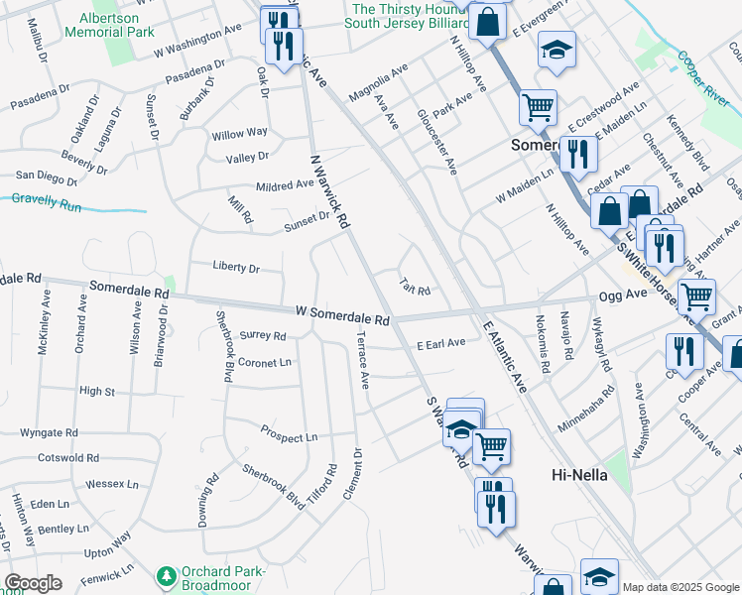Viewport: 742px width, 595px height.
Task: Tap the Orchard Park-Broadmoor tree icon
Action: pos(167,575)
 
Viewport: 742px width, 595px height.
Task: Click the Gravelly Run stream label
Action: pos(45,199)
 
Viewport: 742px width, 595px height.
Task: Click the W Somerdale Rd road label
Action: pos(342,315)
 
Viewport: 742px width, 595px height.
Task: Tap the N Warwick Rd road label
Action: pos(330,192)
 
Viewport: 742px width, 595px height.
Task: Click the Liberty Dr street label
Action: pos(235,268)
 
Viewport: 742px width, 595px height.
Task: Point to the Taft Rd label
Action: pos(415,288)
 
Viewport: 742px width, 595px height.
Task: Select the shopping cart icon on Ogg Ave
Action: pos(697,295)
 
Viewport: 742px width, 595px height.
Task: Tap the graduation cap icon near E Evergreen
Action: pos(557,50)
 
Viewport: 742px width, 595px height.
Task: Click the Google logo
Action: pos(33,583)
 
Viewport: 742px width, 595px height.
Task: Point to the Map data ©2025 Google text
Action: pos(680,587)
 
